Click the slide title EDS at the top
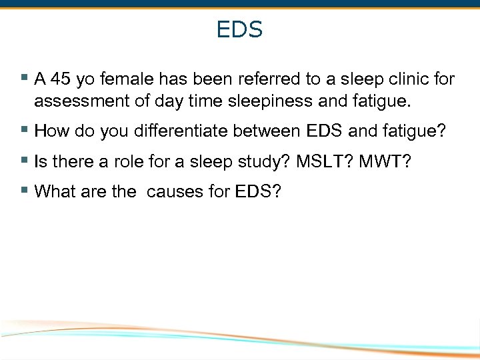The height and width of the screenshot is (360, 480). tap(239, 30)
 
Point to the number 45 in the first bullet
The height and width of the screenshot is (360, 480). tap(61, 80)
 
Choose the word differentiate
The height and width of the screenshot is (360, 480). tap(184, 131)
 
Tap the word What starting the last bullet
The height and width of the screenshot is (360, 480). tap(55, 192)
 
